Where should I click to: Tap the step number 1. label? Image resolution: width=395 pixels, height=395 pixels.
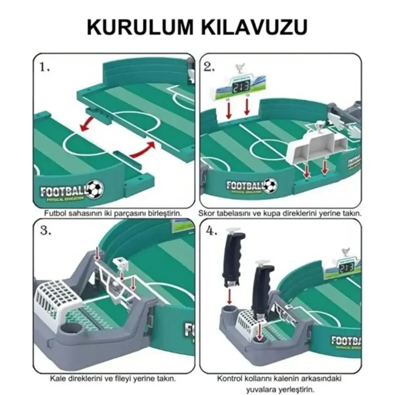pos(45,67)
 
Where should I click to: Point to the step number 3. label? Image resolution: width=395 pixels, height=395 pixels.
pos(45,231)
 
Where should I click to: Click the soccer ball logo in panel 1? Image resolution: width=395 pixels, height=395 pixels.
pos(95,189)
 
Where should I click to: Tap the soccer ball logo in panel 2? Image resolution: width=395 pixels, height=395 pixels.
pos(270,185)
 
